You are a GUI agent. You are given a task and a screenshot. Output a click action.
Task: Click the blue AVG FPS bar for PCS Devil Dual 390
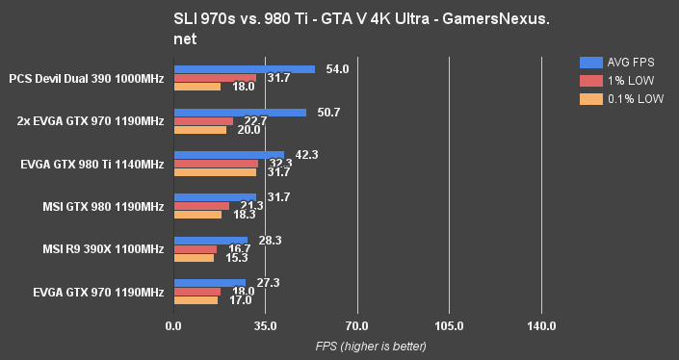[x=244, y=69]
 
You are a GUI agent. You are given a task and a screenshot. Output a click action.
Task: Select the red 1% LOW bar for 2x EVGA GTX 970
[x=203, y=121]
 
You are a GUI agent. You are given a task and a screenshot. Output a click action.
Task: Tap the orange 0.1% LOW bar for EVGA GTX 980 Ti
[x=215, y=172]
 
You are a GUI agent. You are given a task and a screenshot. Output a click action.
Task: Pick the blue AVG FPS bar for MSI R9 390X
[x=210, y=241]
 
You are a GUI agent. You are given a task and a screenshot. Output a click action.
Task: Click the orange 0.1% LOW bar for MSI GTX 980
[x=197, y=215]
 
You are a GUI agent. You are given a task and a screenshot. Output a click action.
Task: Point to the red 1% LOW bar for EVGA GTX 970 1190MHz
[x=196, y=292]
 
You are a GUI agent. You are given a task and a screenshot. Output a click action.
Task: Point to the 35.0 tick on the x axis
[x=265, y=327]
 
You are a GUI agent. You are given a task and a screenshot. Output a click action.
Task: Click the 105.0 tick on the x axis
[x=449, y=327]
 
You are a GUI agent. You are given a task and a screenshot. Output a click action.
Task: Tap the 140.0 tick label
[x=541, y=327]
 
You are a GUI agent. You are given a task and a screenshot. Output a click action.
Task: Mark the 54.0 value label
[x=338, y=69]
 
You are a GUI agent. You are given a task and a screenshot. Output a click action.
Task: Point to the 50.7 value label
[x=328, y=113]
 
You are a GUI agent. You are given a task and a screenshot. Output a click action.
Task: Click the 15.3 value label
[x=237, y=258]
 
